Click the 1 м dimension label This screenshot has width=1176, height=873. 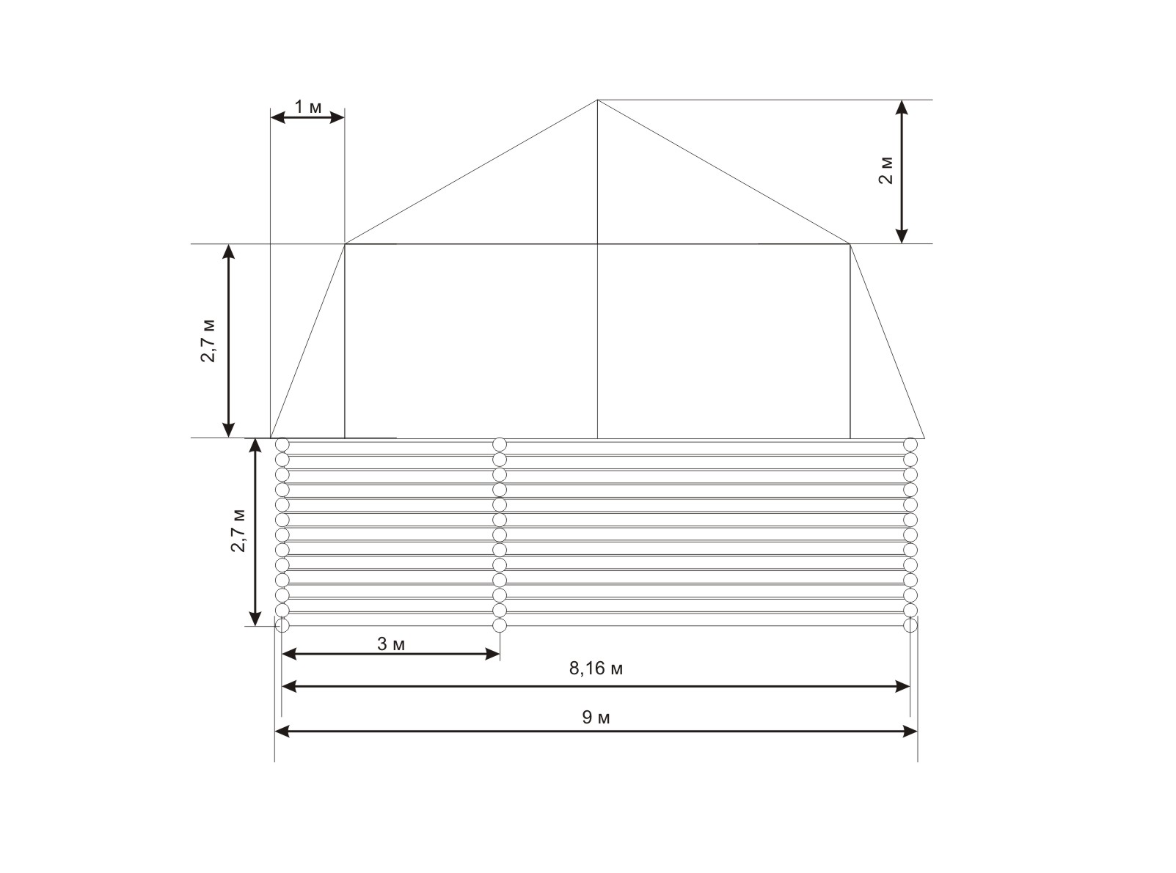[308, 107]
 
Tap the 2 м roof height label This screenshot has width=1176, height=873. [885, 171]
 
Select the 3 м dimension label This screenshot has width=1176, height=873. [391, 644]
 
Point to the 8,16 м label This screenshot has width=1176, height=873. [596, 668]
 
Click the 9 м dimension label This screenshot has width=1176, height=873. [596, 718]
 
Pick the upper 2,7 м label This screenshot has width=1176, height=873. [208, 341]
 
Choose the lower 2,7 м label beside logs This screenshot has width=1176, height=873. [238, 531]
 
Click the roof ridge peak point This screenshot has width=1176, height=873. [598, 100]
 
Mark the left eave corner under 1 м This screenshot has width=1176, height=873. [345, 243]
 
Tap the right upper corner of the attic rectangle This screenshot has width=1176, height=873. [850, 243]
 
